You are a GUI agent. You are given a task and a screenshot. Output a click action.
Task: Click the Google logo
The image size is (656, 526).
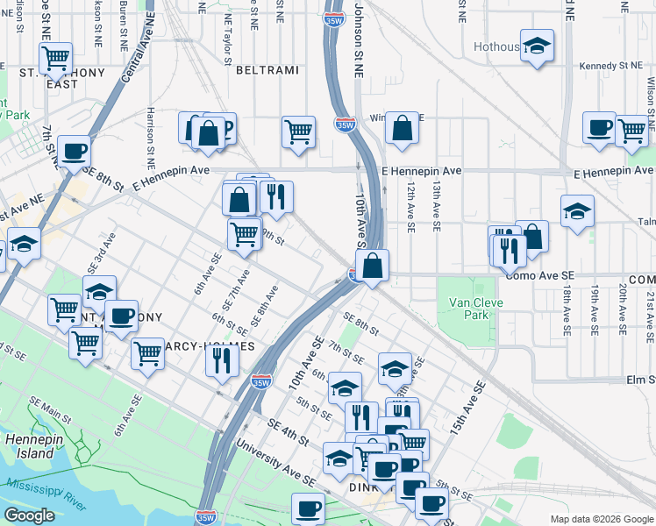(29, 515)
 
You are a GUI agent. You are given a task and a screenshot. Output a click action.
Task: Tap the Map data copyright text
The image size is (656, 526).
(602, 519)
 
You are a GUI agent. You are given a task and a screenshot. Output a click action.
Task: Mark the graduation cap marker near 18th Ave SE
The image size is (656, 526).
(576, 210)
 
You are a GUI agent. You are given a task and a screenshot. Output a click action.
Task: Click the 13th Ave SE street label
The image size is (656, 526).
(436, 207)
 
